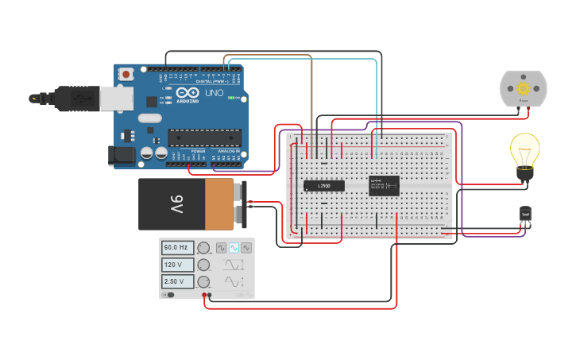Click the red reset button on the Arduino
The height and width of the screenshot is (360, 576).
pyautogui.click(x=126, y=74)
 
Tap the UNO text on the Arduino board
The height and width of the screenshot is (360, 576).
pyautogui.click(x=214, y=93)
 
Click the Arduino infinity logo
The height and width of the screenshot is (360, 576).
pyautogui.click(x=153, y=101)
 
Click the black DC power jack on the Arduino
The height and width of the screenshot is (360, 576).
pyautogui.click(x=120, y=154)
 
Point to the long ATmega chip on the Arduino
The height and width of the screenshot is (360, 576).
pyautogui.click(x=204, y=137)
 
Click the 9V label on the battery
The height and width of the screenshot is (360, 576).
pyautogui.click(x=176, y=203)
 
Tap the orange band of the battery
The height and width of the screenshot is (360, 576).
pyautogui.click(x=219, y=204)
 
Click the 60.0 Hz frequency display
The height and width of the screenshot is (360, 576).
pyautogui.click(x=177, y=248)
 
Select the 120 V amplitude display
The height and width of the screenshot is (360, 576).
pyautogui.click(x=177, y=265)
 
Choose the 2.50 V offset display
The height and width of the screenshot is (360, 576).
pyautogui.click(x=177, y=281)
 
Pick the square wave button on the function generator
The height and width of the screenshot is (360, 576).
pyautogui.click(x=221, y=248)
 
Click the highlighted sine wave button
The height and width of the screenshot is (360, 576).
pyautogui.click(x=234, y=248)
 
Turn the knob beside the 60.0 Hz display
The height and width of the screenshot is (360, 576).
pyautogui.click(x=204, y=248)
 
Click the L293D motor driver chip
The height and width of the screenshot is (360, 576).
pyautogui.click(x=324, y=186)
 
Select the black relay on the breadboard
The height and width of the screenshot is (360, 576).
pyautogui.click(x=384, y=185)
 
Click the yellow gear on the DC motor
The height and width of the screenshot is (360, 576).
pyautogui.click(x=523, y=88)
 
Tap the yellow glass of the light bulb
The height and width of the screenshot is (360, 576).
pyautogui.click(x=524, y=149)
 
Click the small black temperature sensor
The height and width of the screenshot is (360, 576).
pyautogui.click(x=525, y=214)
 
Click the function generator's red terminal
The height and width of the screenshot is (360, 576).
pyautogui.click(x=204, y=296)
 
